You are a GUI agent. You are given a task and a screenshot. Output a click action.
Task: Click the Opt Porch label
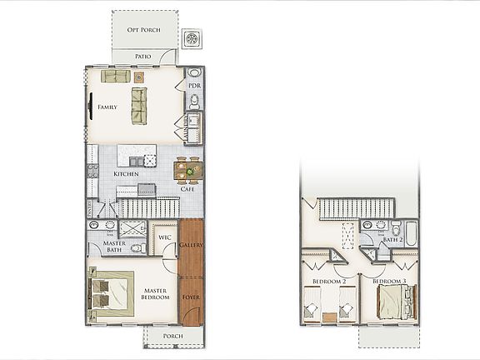(x=144, y=30)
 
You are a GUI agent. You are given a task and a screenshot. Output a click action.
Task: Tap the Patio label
(x=143, y=57)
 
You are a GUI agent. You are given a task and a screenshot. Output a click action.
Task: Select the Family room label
(x=107, y=107)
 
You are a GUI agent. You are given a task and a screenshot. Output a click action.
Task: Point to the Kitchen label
(x=127, y=173)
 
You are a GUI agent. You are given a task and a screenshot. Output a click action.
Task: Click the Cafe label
(x=188, y=189)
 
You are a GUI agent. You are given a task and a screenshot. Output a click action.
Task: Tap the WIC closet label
(x=165, y=238)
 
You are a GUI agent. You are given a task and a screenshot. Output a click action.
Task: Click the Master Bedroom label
(x=156, y=295)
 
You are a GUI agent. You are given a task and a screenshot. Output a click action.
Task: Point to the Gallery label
(x=192, y=245)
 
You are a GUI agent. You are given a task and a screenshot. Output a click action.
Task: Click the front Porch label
(x=173, y=337)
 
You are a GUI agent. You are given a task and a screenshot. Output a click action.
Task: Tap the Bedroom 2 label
(x=328, y=282)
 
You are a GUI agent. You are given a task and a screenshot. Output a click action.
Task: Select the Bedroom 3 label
(x=389, y=282)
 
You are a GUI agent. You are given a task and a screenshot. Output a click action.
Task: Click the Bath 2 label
(x=392, y=240)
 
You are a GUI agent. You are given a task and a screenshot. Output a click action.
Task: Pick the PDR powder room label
(x=194, y=86)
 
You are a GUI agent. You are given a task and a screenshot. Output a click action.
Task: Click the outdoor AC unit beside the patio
(x=193, y=38)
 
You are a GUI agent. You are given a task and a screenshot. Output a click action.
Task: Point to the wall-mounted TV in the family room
(x=90, y=107)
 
